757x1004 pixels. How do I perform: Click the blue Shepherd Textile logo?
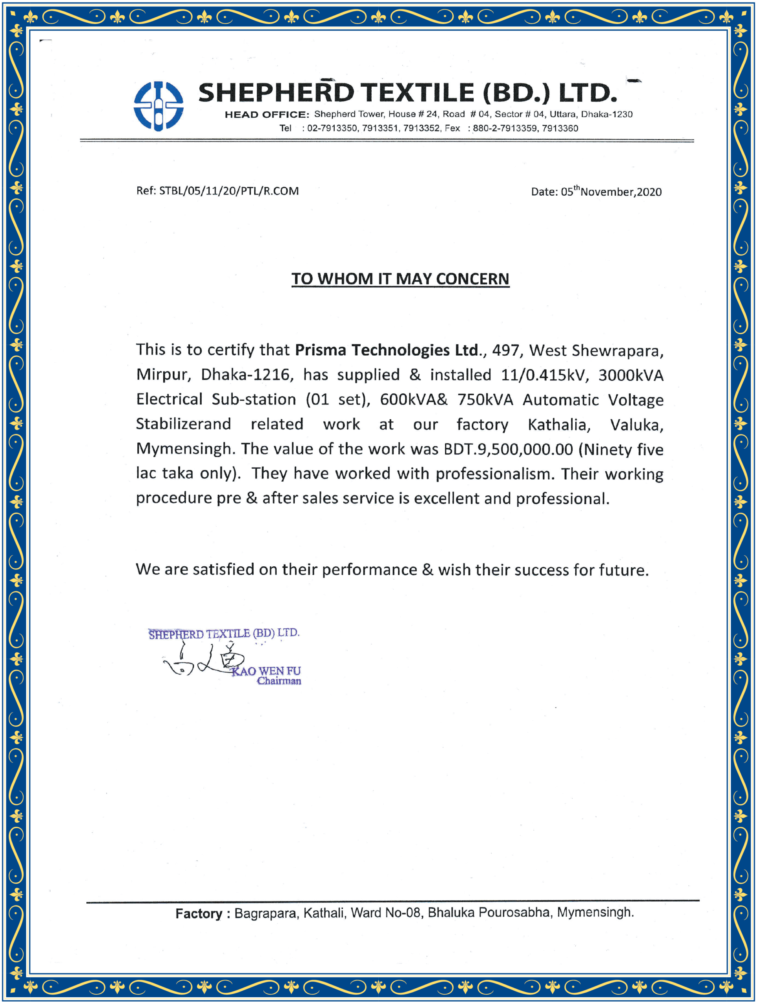coord(159,106)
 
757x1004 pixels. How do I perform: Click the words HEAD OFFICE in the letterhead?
coord(266,115)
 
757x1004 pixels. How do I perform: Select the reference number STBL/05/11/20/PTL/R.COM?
coord(229,191)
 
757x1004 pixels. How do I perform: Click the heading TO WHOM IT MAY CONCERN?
coord(400,279)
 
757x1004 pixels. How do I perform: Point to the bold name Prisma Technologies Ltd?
coord(387,350)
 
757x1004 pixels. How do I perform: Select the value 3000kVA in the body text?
coord(631,375)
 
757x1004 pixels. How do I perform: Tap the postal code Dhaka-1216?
coord(245,375)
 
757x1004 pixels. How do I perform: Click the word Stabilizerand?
coord(183,424)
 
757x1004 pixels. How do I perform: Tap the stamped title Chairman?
coord(279,681)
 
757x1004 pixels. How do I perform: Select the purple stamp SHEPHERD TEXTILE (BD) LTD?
coord(224,634)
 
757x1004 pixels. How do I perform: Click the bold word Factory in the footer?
coord(199,913)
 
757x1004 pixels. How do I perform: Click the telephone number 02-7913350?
coord(332,129)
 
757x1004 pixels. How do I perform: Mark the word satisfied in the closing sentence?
coord(223,569)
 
